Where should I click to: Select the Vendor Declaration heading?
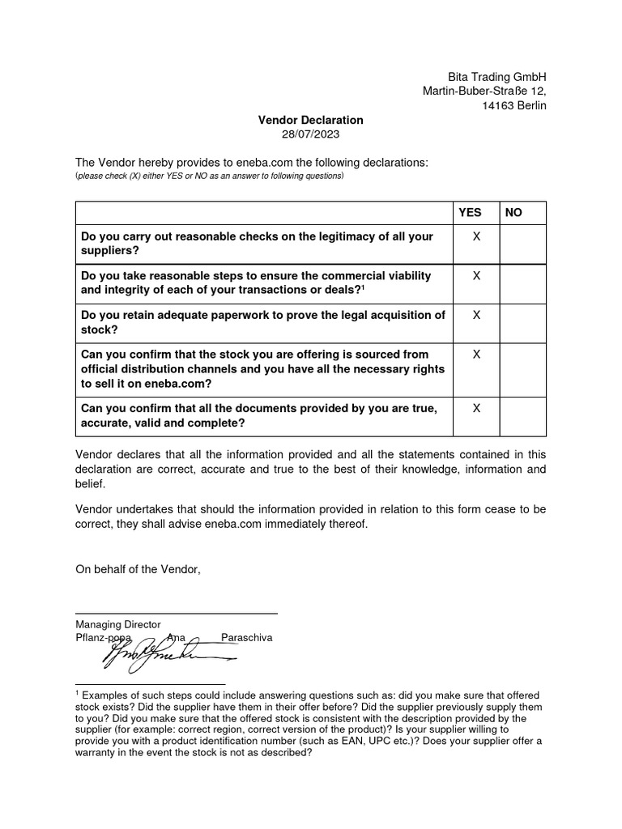311,120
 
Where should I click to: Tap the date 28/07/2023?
311,134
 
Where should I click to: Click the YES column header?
470,213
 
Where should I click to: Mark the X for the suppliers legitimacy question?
476,236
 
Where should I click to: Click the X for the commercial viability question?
476,275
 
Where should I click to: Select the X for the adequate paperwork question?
476,315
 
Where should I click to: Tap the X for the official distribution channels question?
476,355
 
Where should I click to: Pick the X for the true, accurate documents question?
476,409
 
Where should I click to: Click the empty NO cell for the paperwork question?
522,322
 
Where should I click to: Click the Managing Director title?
118,624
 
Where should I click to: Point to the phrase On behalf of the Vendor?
137,570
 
